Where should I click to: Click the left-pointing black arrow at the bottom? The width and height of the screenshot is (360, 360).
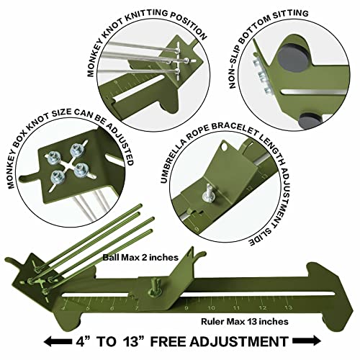click(58, 341)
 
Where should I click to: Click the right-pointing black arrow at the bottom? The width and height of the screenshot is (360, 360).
click(307, 341)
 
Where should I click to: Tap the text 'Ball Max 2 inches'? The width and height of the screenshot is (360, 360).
click(140, 258)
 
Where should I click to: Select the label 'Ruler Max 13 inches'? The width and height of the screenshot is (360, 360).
click(245, 321)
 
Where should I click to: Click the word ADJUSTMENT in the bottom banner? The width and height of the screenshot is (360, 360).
click(239, 341)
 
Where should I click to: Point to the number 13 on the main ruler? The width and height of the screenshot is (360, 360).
click(288, 307)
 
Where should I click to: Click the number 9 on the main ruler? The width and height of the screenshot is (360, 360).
click(186, 308)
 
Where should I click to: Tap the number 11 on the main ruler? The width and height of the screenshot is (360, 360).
click(237, 308)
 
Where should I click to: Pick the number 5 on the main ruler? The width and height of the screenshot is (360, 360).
click(88, 308)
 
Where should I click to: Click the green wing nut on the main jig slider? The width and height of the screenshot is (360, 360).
click(154, 287)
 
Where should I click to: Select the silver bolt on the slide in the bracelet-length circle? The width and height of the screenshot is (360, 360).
click(208, 194)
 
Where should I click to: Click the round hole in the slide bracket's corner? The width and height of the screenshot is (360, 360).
click(225, 147)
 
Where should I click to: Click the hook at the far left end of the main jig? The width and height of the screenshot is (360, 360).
click(12, 260)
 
